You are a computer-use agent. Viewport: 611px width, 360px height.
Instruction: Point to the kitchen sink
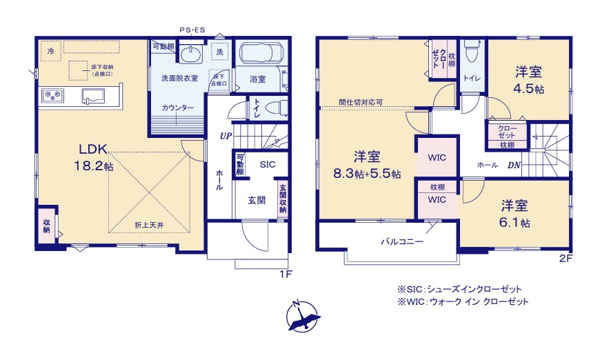93,94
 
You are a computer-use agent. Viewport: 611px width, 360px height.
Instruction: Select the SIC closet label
268,165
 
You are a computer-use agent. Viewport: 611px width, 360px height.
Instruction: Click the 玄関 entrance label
257,200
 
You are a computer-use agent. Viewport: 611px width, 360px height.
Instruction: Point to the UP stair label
226,136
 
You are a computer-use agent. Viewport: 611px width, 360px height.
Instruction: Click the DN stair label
514,165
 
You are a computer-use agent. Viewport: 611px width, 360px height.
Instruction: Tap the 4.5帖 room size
529,90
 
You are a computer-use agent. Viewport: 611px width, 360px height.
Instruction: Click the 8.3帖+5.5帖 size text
368,174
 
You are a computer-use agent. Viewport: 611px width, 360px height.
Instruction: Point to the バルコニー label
402,242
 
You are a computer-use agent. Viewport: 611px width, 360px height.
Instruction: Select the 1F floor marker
286,274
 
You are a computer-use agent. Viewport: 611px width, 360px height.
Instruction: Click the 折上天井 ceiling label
149,225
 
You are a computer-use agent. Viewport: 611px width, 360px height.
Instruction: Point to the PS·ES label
192,30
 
